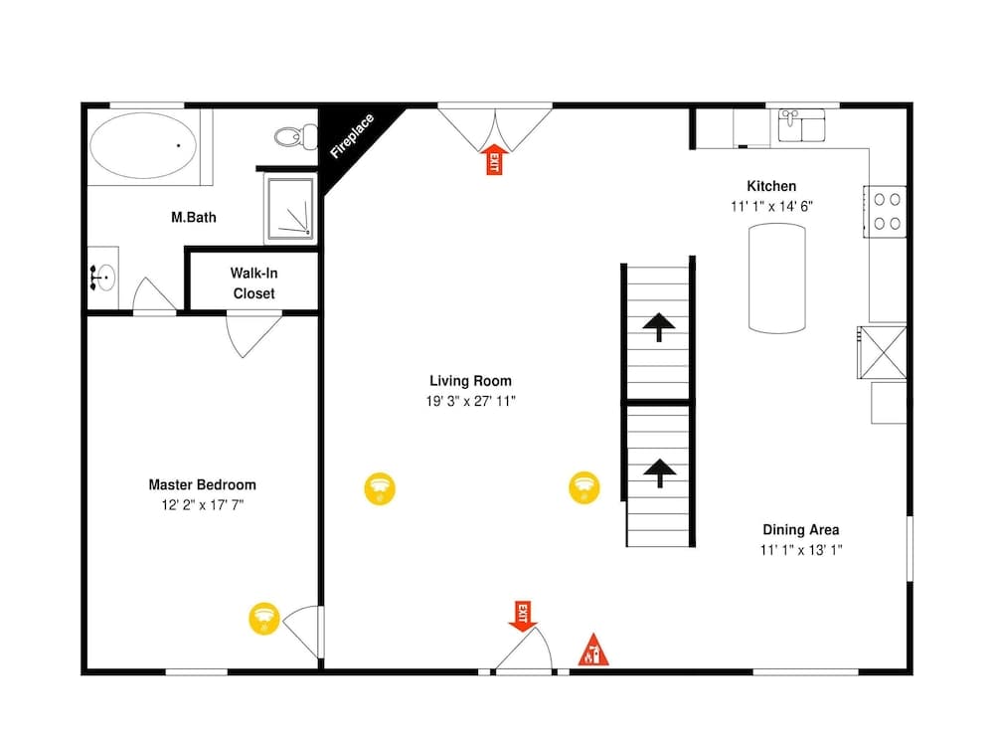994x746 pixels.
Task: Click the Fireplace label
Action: [x=352, y=136]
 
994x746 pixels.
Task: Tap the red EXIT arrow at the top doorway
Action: [x=492, y=159]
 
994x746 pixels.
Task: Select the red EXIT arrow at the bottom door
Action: [x=522, y=616]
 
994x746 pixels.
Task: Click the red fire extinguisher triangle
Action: [x=593, y=651]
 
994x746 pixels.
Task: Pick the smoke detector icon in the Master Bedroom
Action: [x=262, y=618]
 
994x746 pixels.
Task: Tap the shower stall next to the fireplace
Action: [x=289, y=209]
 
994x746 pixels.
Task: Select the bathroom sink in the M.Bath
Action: [x=102, y=278]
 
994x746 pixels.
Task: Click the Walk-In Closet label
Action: [x=253, y=282]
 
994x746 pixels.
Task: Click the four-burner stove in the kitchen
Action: [x=886, y=211]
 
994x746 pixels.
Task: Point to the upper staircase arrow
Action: [x=658, y=326]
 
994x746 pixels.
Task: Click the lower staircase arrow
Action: [x=658, y=471]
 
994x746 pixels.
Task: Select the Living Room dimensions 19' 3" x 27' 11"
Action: [x=471, y=401]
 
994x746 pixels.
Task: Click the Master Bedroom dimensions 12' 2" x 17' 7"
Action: [x=202, y=505]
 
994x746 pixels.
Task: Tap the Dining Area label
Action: [x=801, y=529]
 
